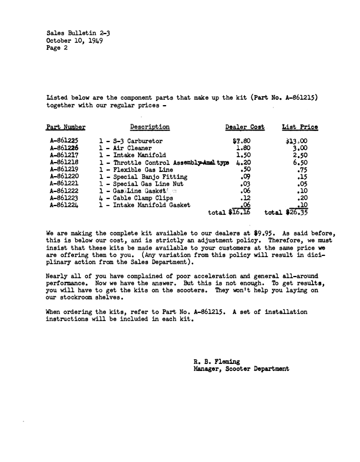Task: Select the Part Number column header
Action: click(66, 127)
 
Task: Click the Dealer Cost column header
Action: click(245, 127)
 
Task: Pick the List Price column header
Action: click(300, 127)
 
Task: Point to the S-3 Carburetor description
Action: click(131, 141)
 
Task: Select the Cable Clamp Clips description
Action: click(136, 197)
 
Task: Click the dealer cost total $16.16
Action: click(235, 213)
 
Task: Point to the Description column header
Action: click(150, 127)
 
